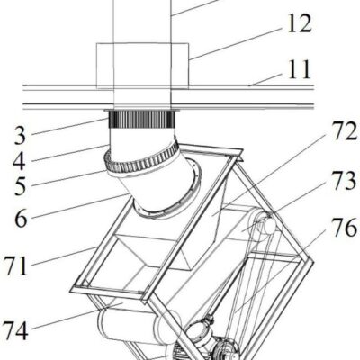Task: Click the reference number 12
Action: tap(300, 23)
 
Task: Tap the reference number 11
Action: tap(299, 69)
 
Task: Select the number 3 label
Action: tap(20, 135)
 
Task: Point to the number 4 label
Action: tap(20, 161)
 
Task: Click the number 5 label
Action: tap(21, 186)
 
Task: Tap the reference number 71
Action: tap(15, 265)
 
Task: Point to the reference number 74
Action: tap(15, 330)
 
